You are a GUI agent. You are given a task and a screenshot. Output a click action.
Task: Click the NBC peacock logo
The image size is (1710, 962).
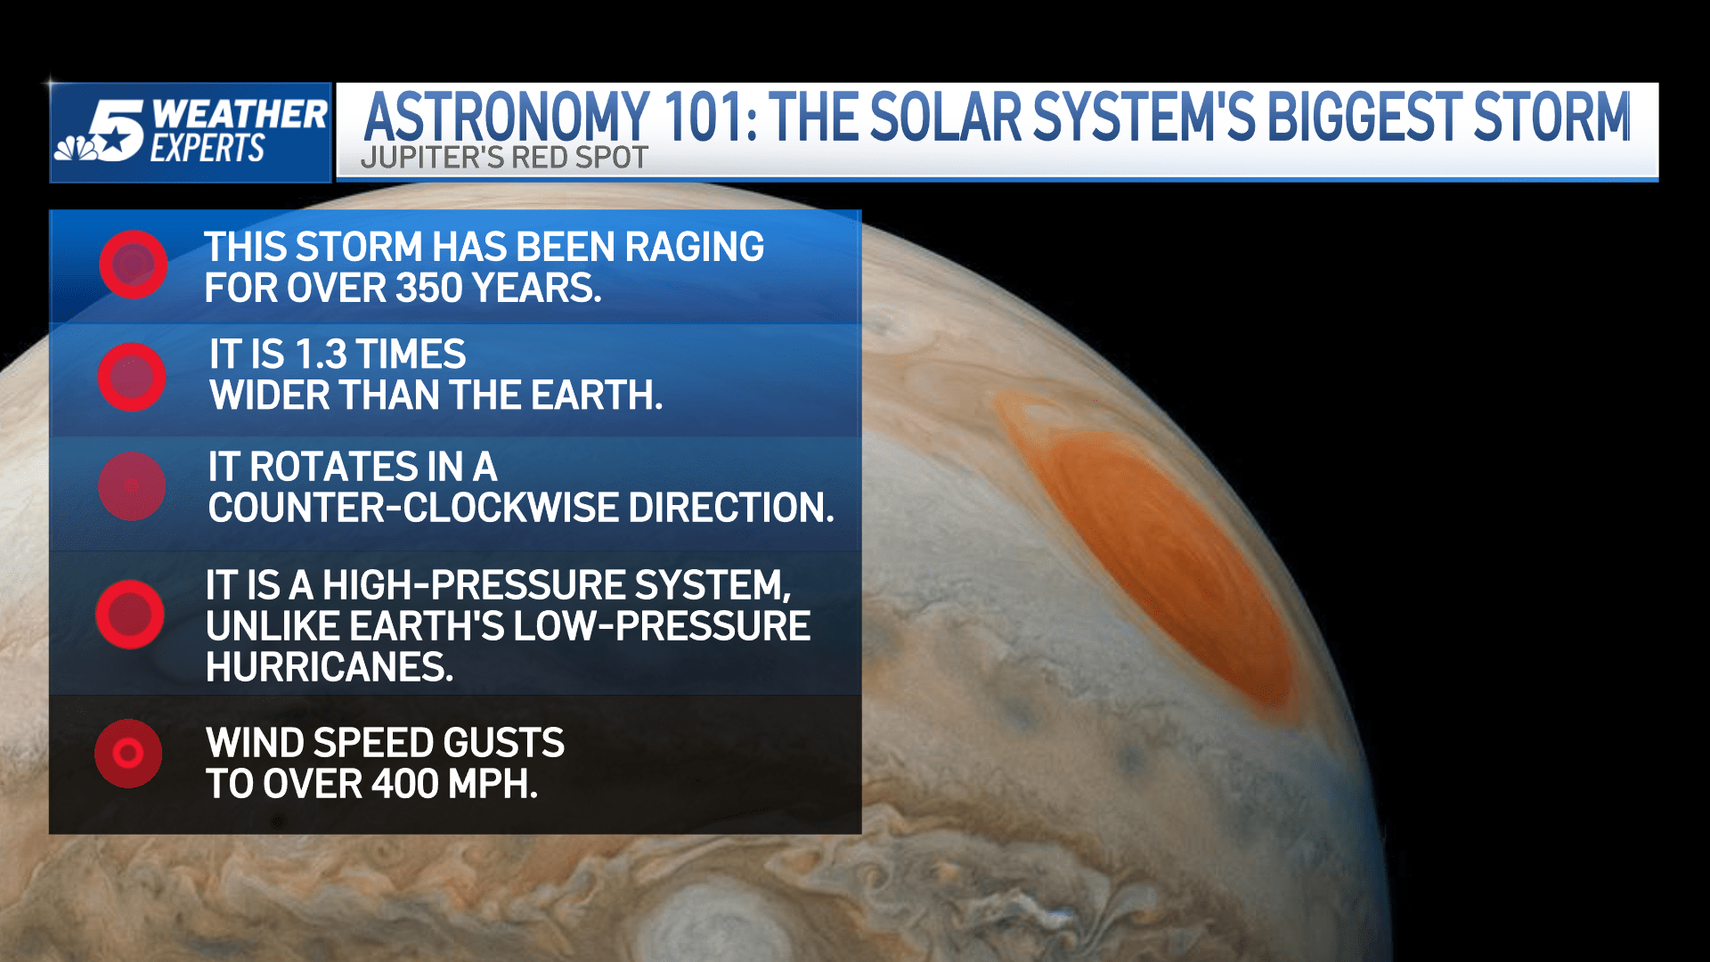click(x=76, y=148)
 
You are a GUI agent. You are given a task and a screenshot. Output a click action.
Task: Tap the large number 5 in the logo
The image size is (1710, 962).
click(x=117, y=130)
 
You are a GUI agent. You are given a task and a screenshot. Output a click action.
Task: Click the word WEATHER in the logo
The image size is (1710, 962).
click(x=240, y=114)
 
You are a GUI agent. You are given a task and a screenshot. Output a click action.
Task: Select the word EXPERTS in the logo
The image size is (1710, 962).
click(x=208, y=148)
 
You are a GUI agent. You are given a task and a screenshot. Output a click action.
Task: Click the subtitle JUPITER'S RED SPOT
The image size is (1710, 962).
click(x=504, y=158)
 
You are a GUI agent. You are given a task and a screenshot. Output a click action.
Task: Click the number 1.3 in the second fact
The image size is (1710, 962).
click(x=321, y=355)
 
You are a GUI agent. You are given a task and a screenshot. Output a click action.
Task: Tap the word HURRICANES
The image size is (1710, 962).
click(x=330, y=667)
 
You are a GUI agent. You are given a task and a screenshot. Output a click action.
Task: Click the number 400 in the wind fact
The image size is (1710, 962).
click(x=405, y=785)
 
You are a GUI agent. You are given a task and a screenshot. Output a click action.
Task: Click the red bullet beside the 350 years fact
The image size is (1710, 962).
click(x=134, y=265)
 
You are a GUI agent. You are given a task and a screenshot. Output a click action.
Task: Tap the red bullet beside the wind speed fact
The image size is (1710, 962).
click(x=128, y=754)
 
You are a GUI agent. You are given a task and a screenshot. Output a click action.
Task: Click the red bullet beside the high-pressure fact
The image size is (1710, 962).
click(x=130, y=615)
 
